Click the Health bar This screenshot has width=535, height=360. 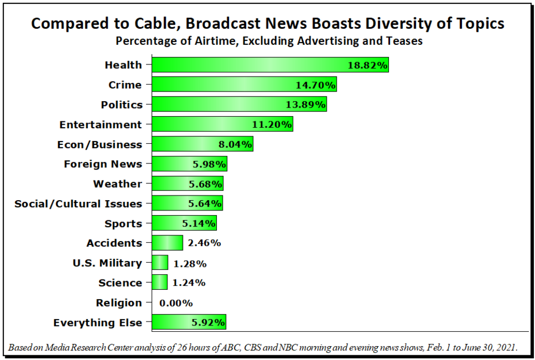(270, 65)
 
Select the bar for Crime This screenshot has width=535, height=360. (244, 85)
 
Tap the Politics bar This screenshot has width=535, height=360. (239, 105)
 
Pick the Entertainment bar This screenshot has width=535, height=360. (223, 124)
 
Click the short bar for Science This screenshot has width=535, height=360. (160, 282)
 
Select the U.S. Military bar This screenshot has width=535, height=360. (160, 263)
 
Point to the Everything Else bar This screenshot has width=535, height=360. (189, 322)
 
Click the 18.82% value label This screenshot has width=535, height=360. (368, 65)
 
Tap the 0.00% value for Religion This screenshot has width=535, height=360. (176, 302)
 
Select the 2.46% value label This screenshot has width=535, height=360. (204, 243)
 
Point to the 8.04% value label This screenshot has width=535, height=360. (235, 144)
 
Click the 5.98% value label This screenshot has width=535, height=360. (209, 164)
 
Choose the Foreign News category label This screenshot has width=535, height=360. (103, 164)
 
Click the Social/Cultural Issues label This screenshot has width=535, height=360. (78, 204)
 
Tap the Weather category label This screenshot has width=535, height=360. (117, 184)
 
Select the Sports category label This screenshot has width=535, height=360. (123, 224)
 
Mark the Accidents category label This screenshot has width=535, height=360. (114, 243)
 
